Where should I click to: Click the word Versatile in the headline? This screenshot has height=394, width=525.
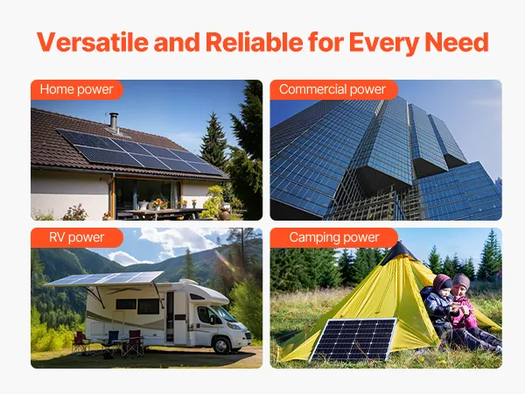[93, 42]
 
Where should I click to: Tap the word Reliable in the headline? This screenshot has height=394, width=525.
[254, 42]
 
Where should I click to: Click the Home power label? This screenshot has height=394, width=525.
[76, 89]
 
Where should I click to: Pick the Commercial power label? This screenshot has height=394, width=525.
[332, 89]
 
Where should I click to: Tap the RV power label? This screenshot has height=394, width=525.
[77, 237]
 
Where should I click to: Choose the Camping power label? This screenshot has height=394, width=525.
[334, 237]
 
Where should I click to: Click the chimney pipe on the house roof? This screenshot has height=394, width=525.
[114, 122]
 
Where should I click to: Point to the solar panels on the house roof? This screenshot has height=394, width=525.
[140, 152]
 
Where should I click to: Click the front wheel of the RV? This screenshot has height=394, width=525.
[222, 344]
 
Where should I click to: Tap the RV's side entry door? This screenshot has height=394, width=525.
[170, 317]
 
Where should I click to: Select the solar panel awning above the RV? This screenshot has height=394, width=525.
[104, 278]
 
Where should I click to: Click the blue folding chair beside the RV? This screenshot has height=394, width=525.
[111, 342]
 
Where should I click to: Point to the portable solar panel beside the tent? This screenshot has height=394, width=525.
[353, 340]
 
